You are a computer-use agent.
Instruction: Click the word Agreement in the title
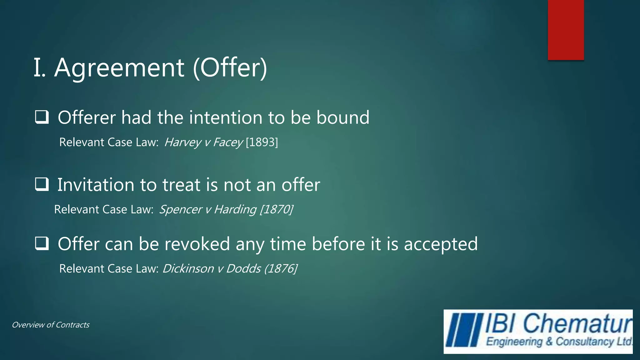[x=119, y=68]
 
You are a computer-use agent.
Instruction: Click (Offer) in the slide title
[x=230, y=68]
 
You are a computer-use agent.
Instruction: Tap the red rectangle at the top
[x=566, y=30]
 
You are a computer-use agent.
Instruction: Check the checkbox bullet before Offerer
[x=42, y=117]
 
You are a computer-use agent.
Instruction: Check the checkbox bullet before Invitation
[x=42, y=184]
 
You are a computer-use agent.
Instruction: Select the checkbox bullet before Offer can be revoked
[x=42, y=243]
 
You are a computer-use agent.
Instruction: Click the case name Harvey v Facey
[x=203, y=142]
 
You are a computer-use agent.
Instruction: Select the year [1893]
[x=262, y=142]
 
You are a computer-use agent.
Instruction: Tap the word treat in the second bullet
[x=181, y=185]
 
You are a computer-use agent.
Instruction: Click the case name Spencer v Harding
[x=208, y=209]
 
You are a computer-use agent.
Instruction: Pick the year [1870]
[x=277, y=209]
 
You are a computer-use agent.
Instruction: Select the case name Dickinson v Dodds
[x=212, y=269]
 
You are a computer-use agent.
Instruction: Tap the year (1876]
[x=281, y=269]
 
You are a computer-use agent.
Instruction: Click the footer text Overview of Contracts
[x=51, y=325]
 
